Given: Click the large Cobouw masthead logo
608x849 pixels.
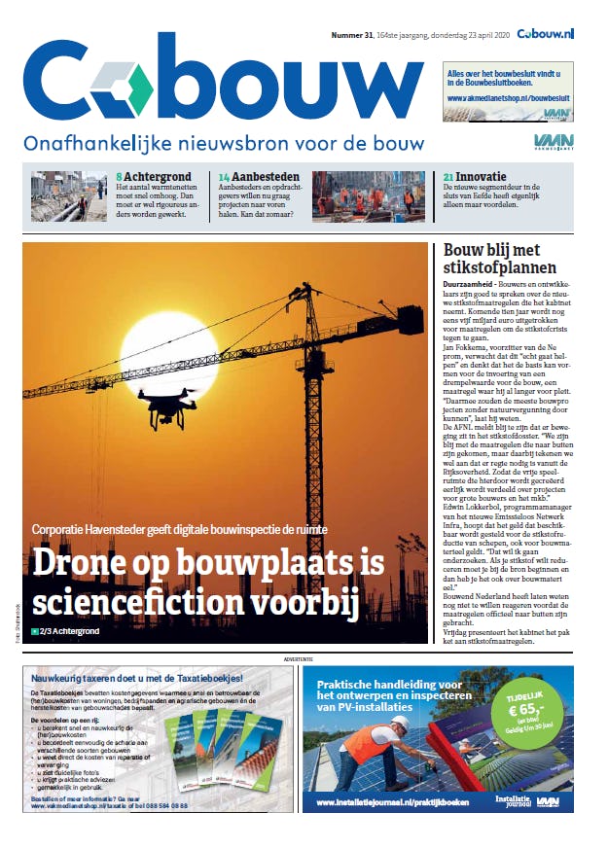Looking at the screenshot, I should click(223, 82).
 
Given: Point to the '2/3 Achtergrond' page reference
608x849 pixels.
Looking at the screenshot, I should click(69, 632).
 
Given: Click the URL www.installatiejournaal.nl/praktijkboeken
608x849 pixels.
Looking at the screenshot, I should click(385, 804).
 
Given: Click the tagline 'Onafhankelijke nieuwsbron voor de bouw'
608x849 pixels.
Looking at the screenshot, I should click(225, 144).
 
